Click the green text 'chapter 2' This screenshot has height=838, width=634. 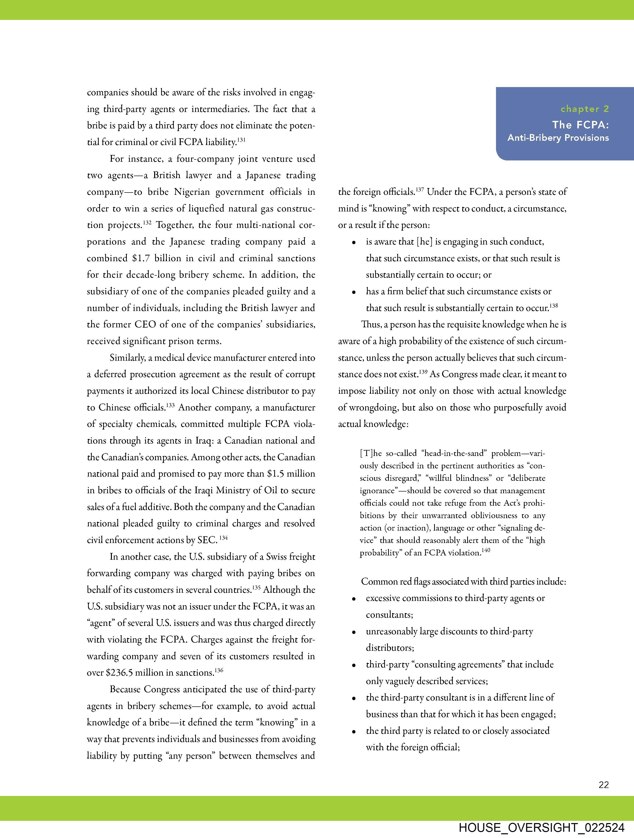[x=585, y=109]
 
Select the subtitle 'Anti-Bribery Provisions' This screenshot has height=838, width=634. [x=558, y=138]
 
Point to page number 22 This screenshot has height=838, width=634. [x=604, y=785]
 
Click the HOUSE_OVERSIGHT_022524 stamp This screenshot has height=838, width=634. [x=541, y=827]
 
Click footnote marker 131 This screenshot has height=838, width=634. [x=241, y=140]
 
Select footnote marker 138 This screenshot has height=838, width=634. [x=553, y=305]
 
